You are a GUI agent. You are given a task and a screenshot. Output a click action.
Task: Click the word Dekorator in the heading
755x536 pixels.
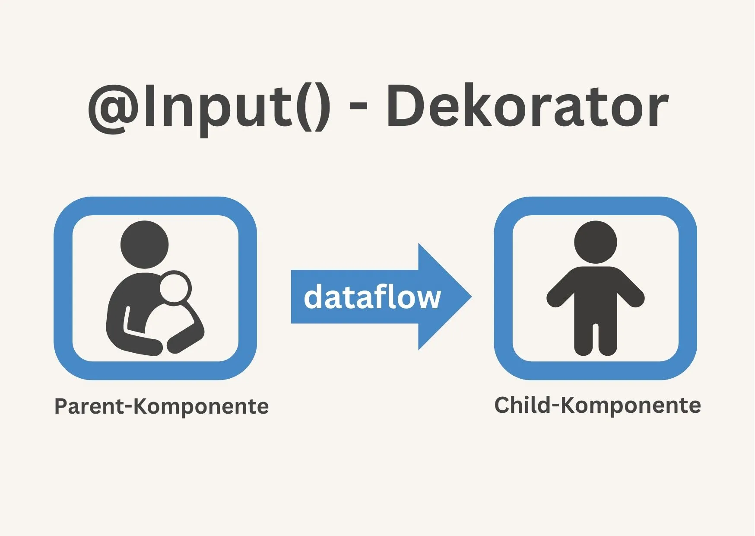[x=527, y=106]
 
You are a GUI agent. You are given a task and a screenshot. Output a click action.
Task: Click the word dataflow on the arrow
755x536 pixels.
[x=372, y=297]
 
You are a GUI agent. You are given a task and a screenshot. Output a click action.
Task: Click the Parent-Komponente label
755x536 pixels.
[x=161, y=406]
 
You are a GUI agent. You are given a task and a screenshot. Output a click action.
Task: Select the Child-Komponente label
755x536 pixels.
[x=597, y=405]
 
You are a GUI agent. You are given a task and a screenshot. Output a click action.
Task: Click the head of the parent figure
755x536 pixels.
[x=144, y=244]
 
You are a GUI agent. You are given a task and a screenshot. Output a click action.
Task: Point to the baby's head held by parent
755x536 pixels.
[x=175, y=288]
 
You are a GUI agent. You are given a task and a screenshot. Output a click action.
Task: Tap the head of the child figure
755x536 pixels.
[x=595, y=242]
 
